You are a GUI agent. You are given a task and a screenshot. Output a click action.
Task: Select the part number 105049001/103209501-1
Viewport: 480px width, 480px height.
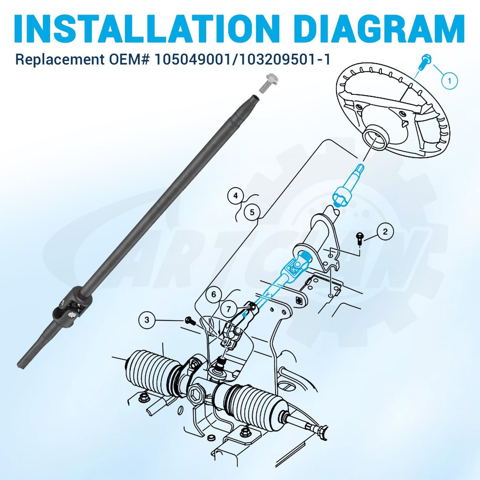click(x=242, y=59)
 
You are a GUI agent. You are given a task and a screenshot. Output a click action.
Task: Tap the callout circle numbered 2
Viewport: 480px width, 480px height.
click(x=385, y=232)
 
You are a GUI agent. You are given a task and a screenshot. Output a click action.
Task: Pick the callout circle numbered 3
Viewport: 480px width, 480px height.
click(x=147, y=319)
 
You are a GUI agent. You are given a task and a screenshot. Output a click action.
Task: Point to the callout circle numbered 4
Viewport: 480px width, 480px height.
click(x=236, y=196)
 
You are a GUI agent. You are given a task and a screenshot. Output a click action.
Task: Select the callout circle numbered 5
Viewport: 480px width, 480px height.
click(x=252, y=212)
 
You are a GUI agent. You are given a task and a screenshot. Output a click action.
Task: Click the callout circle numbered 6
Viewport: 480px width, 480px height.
click(x=214, y=295)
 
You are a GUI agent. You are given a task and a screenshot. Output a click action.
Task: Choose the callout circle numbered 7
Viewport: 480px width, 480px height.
click(x=229, y=309)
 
